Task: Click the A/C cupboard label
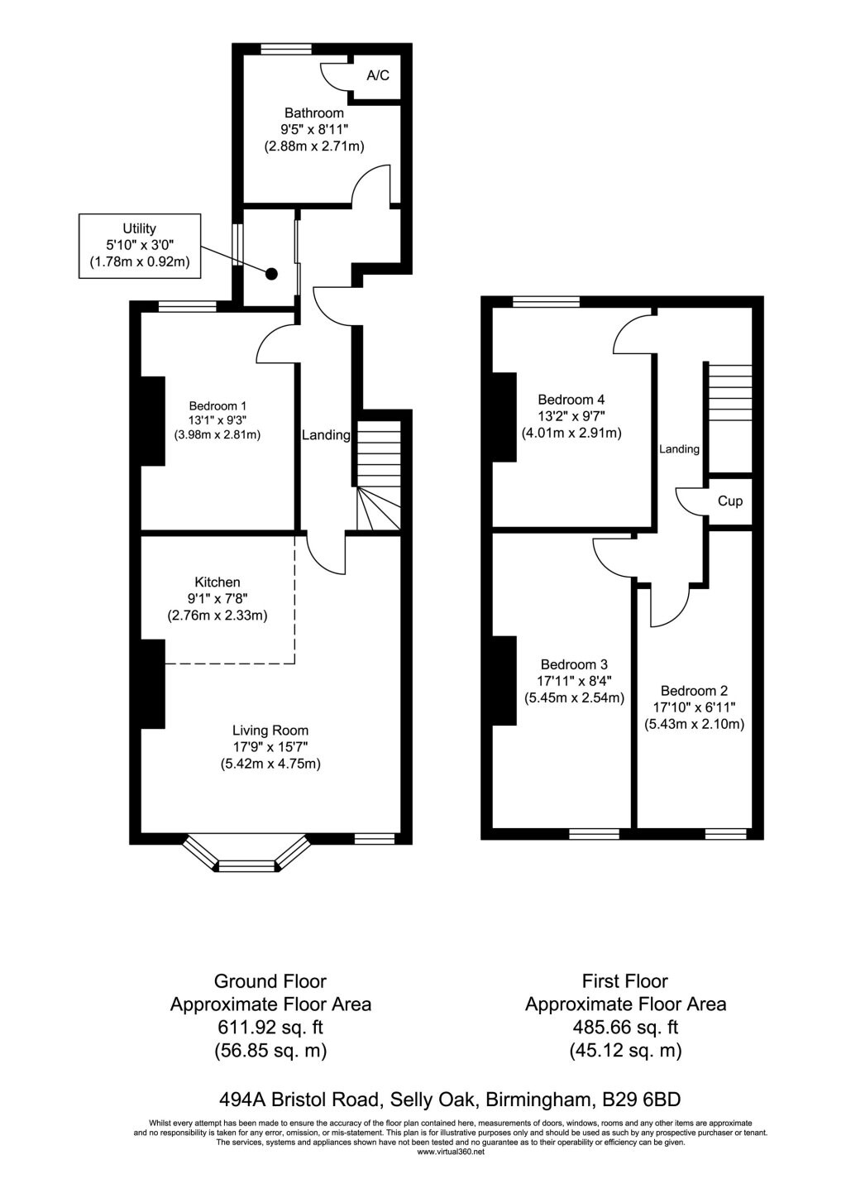378,76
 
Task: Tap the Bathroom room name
314,113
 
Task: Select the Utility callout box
140,246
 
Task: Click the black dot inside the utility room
270,273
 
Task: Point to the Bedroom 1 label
217,405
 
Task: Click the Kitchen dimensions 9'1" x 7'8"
217,599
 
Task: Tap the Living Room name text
270,731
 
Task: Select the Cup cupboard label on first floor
730,501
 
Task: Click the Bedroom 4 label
571,400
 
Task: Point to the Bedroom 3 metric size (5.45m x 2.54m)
574,697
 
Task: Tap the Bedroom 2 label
694,691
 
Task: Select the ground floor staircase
379,476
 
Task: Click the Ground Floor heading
270,981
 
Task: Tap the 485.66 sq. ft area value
625,1028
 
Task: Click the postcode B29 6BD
642,1100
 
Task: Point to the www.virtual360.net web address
451,1152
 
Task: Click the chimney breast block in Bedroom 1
153,421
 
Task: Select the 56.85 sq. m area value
270,1051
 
